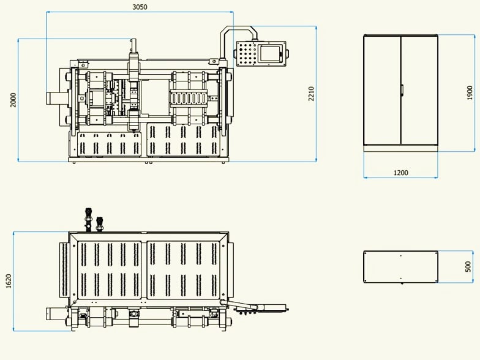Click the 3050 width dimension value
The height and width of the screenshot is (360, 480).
[140, 7]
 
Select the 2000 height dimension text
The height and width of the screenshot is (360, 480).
[13, 100]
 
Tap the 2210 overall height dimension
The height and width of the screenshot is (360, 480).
[311, 94]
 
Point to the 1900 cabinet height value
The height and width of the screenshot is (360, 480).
[470, 92]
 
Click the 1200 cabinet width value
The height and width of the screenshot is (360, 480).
[400, 173]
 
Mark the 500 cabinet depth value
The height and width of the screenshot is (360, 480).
[468, 267]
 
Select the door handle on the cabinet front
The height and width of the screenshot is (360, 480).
[402, 90]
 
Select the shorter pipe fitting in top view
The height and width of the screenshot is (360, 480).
[100, 222]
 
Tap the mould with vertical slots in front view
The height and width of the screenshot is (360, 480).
[190, 98]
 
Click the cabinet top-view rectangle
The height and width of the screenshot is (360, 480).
[400, 267]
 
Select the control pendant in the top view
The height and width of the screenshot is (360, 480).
[264, 307]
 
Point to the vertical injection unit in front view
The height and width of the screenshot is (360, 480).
[133, 86]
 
